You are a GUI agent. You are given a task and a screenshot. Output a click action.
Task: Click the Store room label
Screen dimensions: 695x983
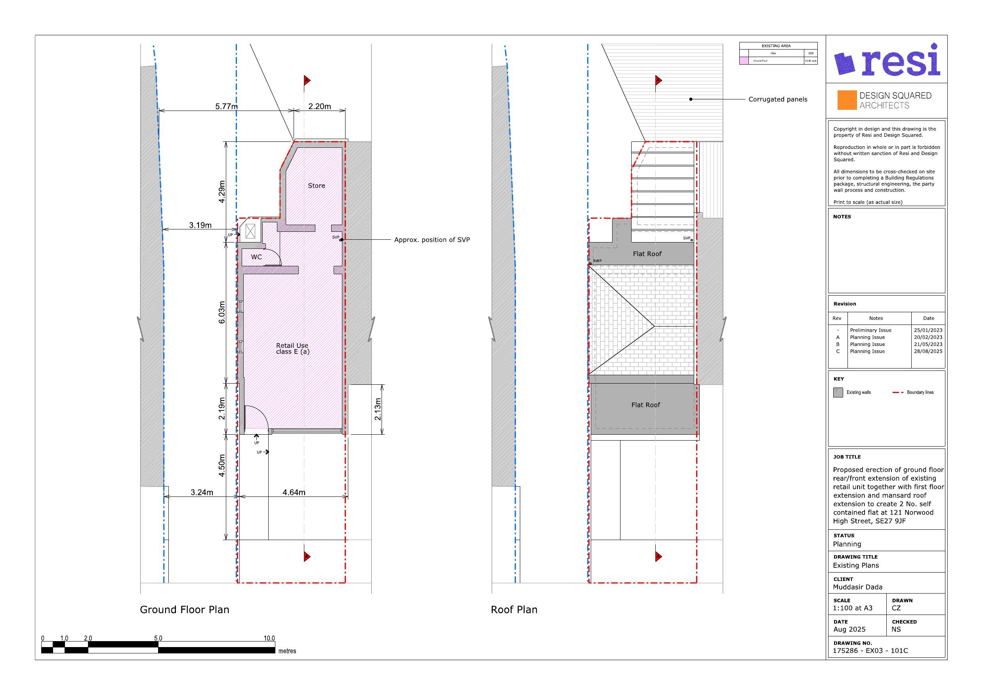pos(317,186)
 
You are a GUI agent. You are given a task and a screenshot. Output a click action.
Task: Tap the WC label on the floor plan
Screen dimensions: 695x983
pos(256,257)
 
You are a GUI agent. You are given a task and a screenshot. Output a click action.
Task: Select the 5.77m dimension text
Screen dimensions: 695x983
pos(226,107)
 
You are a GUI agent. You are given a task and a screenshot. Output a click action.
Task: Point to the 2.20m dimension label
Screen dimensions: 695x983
pos(319,107)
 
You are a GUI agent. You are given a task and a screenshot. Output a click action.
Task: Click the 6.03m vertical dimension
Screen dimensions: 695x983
pos(222,313)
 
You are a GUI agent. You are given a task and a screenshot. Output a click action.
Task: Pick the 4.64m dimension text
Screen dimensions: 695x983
pos(294,493)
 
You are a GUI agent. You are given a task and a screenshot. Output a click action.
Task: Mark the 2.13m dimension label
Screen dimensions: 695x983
pos(378,409)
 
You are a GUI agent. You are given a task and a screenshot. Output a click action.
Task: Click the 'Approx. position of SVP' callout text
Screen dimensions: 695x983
pos(431,240)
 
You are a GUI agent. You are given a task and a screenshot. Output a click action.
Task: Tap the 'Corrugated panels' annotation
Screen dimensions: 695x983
pos(777,99)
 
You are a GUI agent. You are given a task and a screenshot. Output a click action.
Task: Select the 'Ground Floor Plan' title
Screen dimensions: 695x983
pos(185,610)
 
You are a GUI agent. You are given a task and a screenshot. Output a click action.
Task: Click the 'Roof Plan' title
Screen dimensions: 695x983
pos(514,610)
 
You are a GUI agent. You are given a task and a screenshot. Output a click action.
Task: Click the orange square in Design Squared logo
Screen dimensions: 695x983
pos(847,100)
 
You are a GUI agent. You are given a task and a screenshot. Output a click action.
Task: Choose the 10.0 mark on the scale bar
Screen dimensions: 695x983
pos(269,638)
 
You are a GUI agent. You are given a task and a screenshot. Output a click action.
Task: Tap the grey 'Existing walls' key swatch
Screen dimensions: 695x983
pos(838,392)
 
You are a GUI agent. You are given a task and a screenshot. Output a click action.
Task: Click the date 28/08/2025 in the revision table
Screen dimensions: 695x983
pos(928,351)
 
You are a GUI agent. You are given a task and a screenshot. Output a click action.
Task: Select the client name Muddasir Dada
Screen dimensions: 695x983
pos(857,587)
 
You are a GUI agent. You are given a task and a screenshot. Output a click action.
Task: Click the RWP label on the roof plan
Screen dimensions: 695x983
pos(597,261)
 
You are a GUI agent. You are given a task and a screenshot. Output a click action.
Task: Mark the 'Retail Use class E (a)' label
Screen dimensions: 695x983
pos(292,349)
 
